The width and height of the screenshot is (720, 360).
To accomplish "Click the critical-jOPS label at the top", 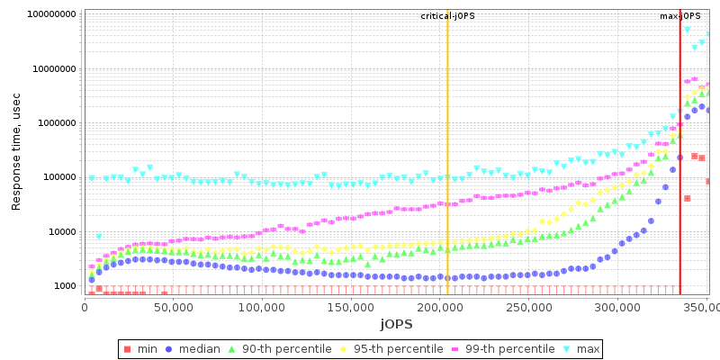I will [x=447, y=16].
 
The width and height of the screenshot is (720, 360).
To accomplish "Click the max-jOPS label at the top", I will [x=680, y=16].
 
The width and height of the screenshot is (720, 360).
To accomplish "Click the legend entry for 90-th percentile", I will [x=285, y=348].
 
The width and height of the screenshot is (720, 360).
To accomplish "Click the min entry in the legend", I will [x=141, y=348].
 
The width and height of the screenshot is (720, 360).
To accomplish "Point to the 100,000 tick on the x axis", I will [x=262, y=308].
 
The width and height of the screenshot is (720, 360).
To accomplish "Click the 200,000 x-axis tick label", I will [x=439, y=308].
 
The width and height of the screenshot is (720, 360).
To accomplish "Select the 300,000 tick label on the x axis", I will [x=616, y=308].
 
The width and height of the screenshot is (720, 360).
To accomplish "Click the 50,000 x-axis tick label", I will [x=173, y=308].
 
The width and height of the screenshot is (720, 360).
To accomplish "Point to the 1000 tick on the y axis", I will [x=63, y=286].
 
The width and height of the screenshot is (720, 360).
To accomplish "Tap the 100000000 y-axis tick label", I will [x=51, y=14].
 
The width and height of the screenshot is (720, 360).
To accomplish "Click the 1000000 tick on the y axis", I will [x=56, y=123].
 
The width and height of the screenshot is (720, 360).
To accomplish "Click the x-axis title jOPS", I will [x=396, y=323].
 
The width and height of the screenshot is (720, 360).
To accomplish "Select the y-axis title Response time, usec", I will [x=16, y=153].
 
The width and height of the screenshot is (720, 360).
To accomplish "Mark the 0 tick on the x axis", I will [x=85, y=308].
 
